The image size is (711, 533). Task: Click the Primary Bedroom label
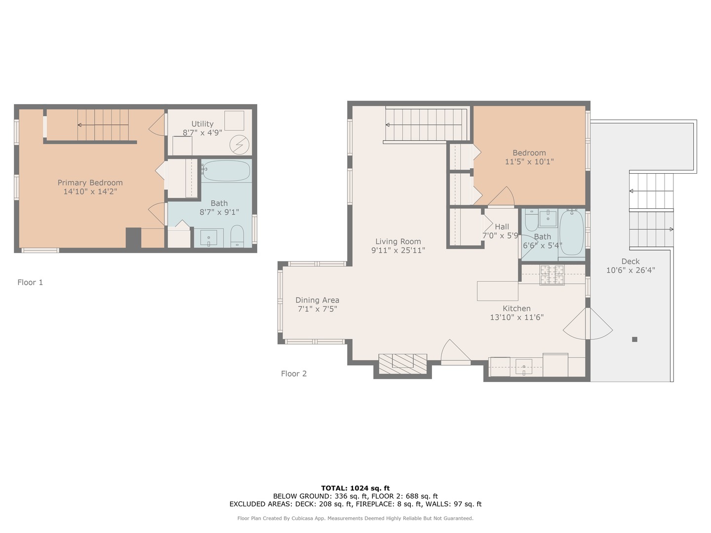(x=90, y=183)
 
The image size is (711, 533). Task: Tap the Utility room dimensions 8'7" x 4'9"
(x=202, y=133)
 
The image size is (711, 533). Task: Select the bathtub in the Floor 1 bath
(x=227, y=171)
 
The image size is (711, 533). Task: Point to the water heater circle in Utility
(x=239, y=145)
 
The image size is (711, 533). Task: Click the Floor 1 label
(x=30, y=282)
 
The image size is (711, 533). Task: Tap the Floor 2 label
(x=294, y=374)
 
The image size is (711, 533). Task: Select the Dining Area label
(x=317, y=300)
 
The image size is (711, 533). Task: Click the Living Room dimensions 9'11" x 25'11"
(x=398, y=250)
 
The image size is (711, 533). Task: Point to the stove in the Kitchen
(x=552, y=275)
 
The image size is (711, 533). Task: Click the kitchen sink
(x=524, y=367)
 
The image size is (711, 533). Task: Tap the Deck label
(x=631, y=262)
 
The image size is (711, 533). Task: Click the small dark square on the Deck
(x=634, y=339)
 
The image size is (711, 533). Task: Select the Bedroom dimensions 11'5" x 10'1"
(x=529, y=162)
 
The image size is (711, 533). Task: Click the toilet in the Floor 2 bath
(x=531, y=221)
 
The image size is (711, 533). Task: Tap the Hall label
(x=502, y=227)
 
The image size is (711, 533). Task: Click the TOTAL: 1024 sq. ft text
(x=355, y=488)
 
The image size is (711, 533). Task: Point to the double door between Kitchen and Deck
(x=588, y=324)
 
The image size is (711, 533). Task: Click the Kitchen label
(x=516, y=308)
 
